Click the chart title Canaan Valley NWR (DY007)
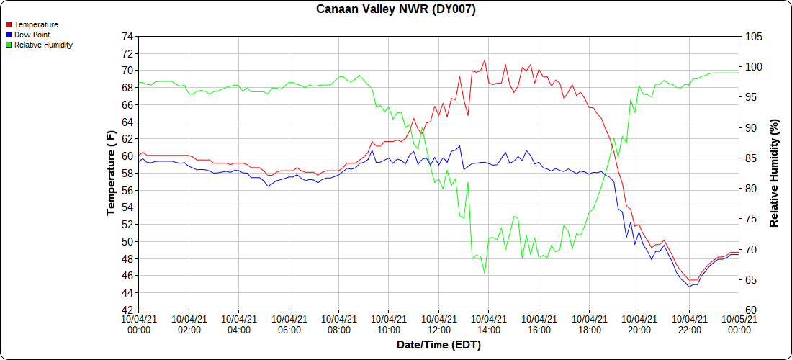click(x=395, y=9)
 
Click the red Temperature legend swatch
click(x=9, y=24)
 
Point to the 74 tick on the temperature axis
click(x=127, y=36)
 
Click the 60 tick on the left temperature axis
click(x=127, y=156)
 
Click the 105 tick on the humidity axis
click(x=753, y=36)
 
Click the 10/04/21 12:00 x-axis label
click(x=438, y=324)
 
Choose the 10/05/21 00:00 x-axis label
click(x=739, y=324)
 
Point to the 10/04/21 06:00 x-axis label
click(x=289, y=324)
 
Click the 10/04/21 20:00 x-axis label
click(x=639, y=324)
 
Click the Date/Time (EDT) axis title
click(x=438, y=345)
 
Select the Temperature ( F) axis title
click(x=111, y=173)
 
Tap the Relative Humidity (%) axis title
click(x=774, y=173)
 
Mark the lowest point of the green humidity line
click(x=485, y=273)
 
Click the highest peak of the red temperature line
click(x=485, y=60)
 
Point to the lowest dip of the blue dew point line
click(x=689, y=287)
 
